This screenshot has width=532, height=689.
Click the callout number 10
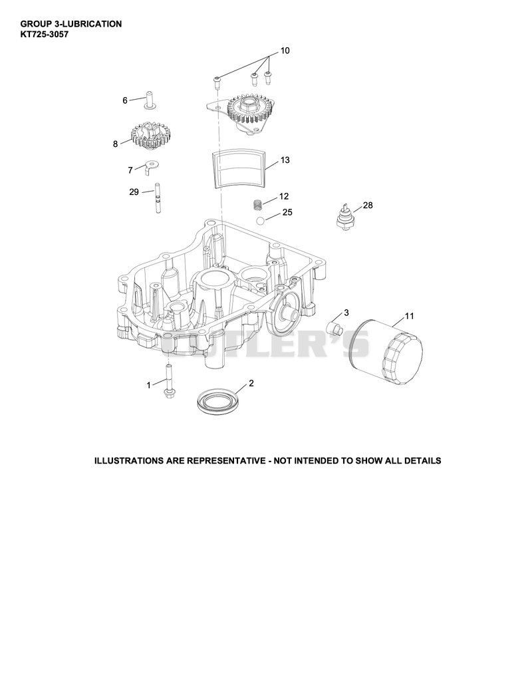click(285, 51)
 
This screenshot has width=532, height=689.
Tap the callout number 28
click(368, 206)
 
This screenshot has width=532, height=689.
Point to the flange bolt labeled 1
click(168, 380)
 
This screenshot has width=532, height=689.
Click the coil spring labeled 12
click(258, 204)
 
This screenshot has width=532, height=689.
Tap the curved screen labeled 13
click(239, 168)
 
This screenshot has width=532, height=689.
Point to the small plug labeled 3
click(334, 327)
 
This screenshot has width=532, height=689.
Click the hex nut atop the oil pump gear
click(245, 106)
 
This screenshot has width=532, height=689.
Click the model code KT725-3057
click(45, 34)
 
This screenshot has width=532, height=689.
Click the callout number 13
click(285, 160)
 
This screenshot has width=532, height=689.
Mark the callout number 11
click(409, 316)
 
